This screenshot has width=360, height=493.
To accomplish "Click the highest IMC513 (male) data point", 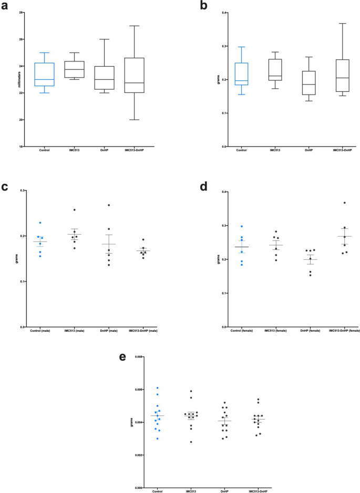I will pyautogui.click(x=75, y=210).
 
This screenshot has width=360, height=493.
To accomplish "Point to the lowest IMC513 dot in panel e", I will pyautogui.click(x=191, y=442).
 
